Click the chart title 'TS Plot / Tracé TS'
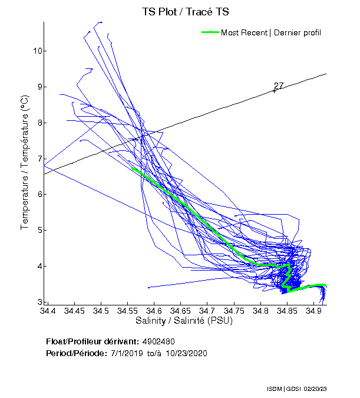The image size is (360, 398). [180, 11]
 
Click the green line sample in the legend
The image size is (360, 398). [210, 32]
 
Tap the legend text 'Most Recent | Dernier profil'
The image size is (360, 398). [271, 32]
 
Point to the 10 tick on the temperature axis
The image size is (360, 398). [37, 51]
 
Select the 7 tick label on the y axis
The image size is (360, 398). [39, 159]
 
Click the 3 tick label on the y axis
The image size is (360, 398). [39, 302]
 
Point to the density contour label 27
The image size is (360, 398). [279, 86]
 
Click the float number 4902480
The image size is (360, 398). [158, 342]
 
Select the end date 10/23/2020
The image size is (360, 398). [186, 353]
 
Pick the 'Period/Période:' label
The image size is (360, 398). [76, 353]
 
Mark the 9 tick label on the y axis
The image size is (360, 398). [39, 87]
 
